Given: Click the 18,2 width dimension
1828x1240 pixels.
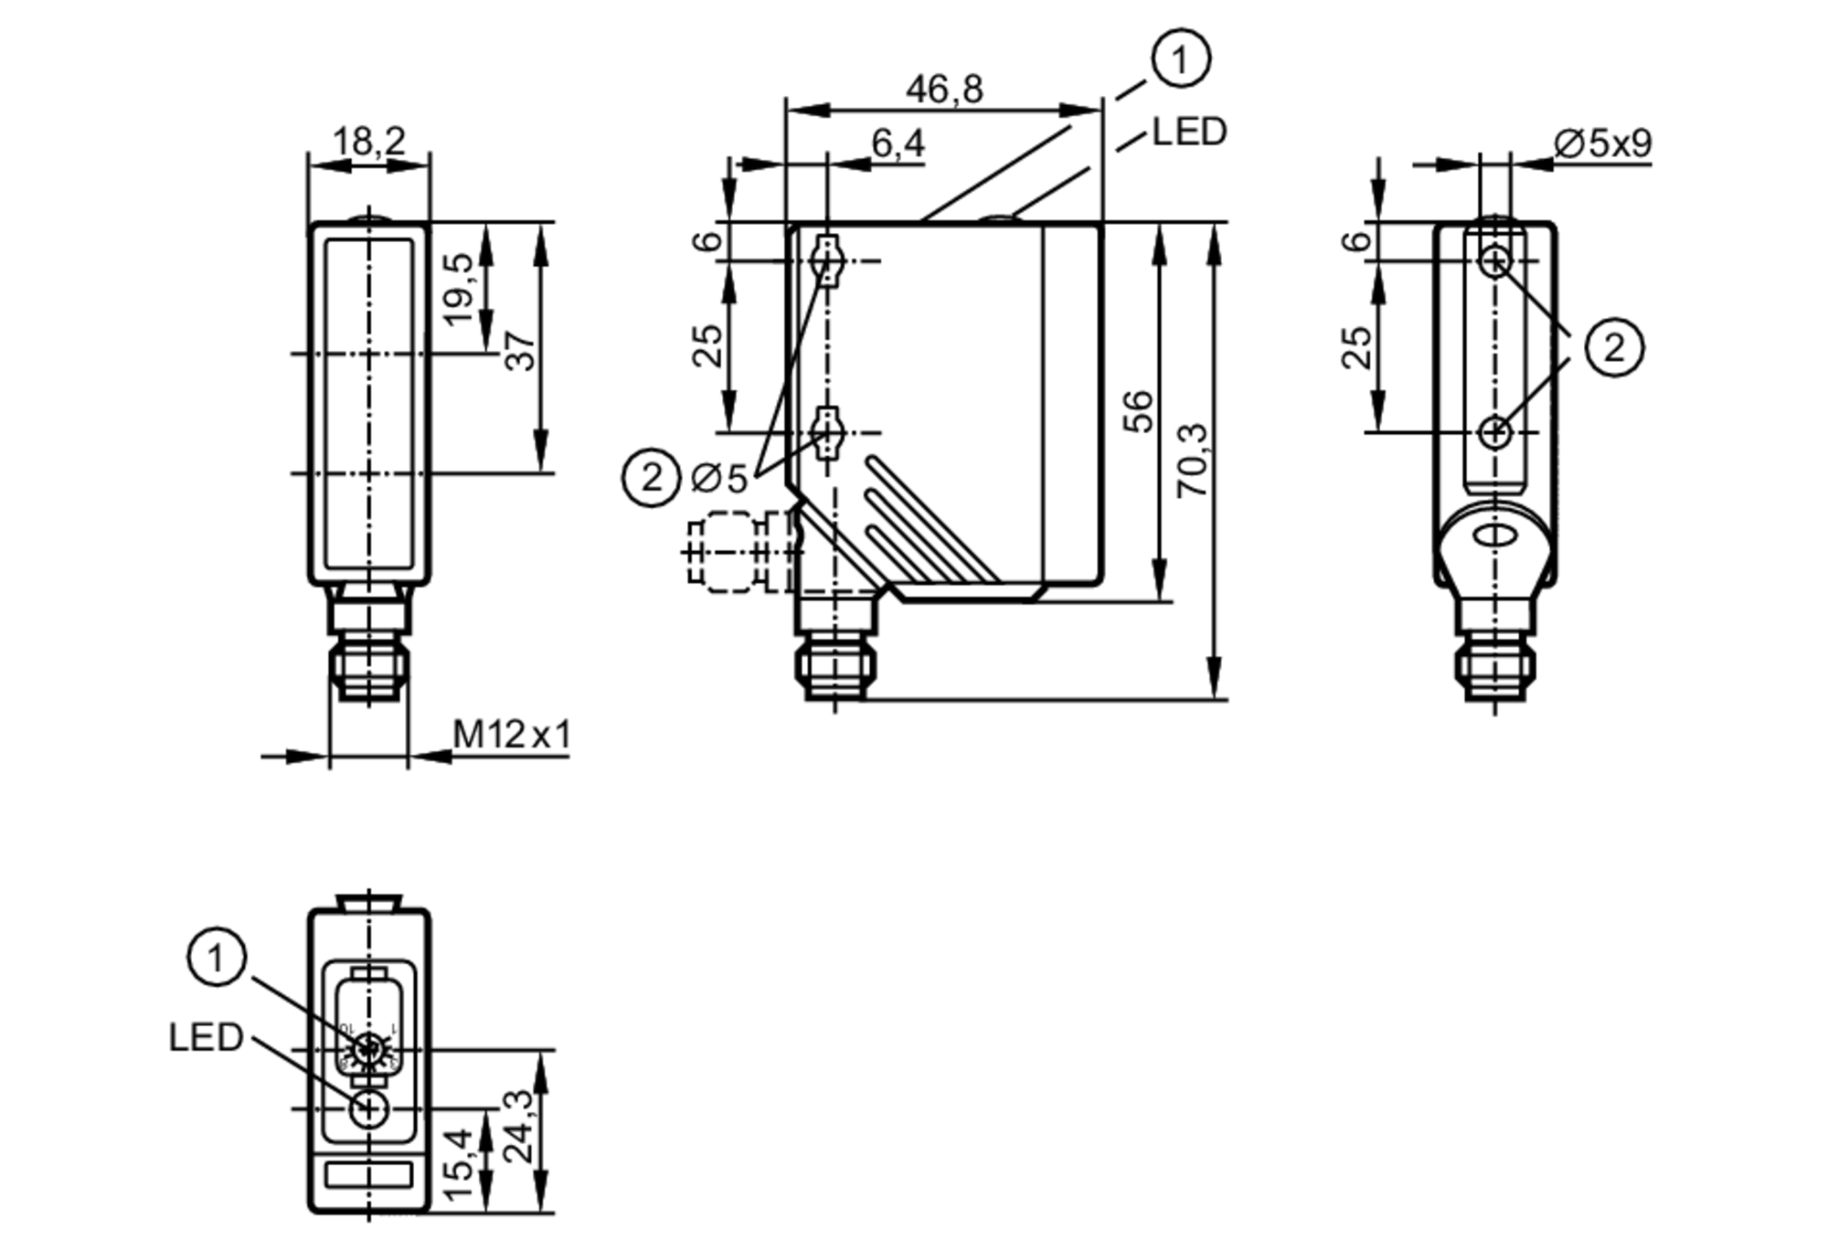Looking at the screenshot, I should tap(368, 142).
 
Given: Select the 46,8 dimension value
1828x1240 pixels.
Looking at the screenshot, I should tap(944, 90).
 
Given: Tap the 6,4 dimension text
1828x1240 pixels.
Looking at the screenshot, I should tap(898, 143).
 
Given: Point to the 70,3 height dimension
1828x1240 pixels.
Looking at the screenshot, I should tap(1193, 461).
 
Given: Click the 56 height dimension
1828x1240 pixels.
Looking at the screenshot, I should tap(1139, 411).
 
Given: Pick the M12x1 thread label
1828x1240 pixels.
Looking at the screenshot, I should tap(512, 734).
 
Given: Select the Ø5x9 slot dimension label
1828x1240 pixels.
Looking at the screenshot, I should tap(1602, 143).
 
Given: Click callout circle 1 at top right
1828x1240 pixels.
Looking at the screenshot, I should tap(1181, 59).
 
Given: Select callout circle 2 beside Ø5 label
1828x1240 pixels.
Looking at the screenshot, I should tap(651, 477).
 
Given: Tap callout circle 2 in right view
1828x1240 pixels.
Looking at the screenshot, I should tap(1614, 347).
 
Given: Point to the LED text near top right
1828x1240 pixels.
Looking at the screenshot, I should tap(1189, 132).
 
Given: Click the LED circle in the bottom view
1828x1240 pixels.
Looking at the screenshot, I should tap(369, 1108).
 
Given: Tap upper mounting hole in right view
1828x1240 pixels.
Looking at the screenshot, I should tap(1494, 262).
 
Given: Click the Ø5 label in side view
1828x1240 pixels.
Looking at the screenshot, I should tap(719, 477).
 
